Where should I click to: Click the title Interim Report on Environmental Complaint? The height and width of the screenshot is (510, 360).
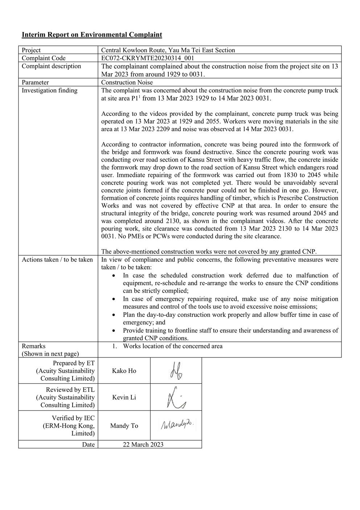(x=92, y=35)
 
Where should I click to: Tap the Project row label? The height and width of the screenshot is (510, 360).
(x=31, y=50)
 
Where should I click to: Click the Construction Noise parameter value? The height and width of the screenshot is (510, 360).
(x=127, y=82)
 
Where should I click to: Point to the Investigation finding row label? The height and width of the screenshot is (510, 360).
(x=49, y=90)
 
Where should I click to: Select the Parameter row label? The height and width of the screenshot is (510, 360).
(x=35, y=82)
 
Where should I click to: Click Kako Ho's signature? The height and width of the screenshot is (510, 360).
(x=176, y=371)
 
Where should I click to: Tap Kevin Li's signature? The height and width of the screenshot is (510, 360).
(x=176, y=397)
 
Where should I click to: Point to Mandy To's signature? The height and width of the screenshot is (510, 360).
(x=177, y=425)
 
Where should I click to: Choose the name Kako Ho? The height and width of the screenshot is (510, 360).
(x=124, y=371)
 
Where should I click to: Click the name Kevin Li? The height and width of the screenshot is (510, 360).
(x=124, y=397)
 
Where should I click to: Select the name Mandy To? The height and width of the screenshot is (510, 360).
(x=124, y=426)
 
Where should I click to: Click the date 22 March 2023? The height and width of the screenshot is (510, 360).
(x=143, y=445)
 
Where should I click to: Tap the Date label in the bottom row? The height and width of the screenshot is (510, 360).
(x=88, y=445)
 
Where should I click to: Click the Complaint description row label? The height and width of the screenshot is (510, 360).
(x=51, y=66)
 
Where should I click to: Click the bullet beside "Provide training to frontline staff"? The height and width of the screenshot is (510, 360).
(x=114, y=331)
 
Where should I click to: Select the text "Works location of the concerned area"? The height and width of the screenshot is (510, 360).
(x=172, y=346)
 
